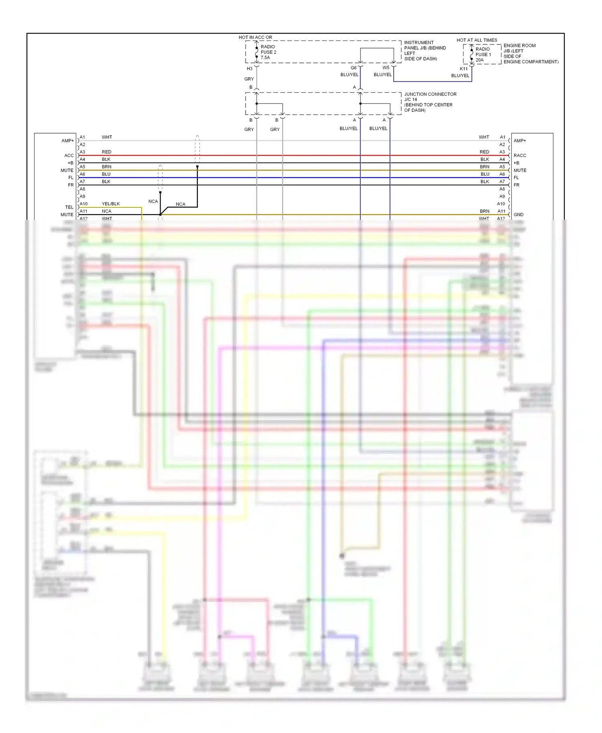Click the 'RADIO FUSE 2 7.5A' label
click(x=268, y=52)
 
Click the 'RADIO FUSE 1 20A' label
click(x=483, y=55)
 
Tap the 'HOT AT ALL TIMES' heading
click(x=477, y=40)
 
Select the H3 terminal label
click(x=250, y=69)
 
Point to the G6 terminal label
click(x=354, y=68)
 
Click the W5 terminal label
click(x=386, y=68)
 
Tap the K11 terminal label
click(x=464, y=69)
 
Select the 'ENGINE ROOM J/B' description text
click(x=531, y=53)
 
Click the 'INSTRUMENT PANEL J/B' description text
click(x=425, y=51)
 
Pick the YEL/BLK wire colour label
click(x=111, y=204)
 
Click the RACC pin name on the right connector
click(x=520, y=155)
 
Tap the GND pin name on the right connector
click(x=519, y=215)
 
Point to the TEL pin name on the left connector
click(x=69, y=207)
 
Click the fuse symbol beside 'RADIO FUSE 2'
click(x=257, y=52)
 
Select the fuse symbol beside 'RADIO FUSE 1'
click(x=472, y=55)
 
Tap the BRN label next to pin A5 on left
click(x=106, y=167)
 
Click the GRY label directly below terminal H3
click(x=249, y=79)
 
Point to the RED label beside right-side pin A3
click(x=484, y=152)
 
